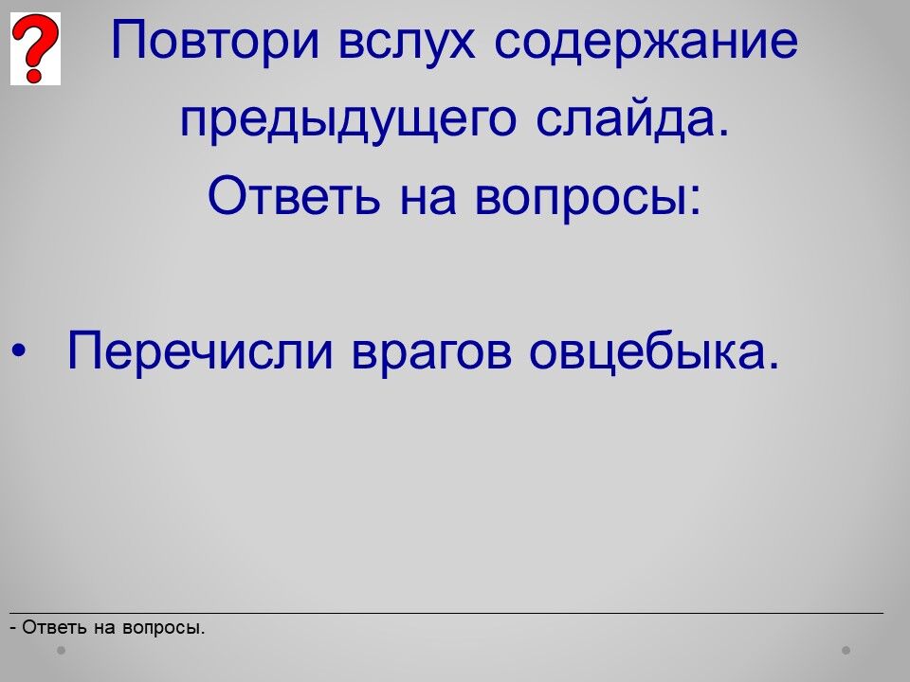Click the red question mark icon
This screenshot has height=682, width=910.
click(x=35, y=48)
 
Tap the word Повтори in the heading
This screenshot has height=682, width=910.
click(x=215, y=41)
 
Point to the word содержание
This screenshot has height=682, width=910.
click(x=646, y=42)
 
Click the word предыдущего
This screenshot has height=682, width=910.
click(x=348, y=120)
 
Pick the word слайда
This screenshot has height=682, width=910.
click(x=631, y=119)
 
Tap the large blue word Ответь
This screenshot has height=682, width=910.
click(x=294, y=195)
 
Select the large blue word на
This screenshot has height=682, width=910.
click(x=428, y=199)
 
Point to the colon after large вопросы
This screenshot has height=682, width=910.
click(x=697, y=200)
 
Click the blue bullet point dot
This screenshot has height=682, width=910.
click(x=19, y=350)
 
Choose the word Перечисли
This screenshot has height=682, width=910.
click(x=200, y=350)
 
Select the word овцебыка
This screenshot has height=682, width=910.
click(x=653, y=350)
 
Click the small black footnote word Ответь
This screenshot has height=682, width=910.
click(x=55, y=627)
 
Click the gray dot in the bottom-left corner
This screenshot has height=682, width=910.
click(x=61, y=651)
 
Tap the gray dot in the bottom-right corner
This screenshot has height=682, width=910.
click(x=846, y=651)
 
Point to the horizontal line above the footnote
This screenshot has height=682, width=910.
click(x=446, y=613)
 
